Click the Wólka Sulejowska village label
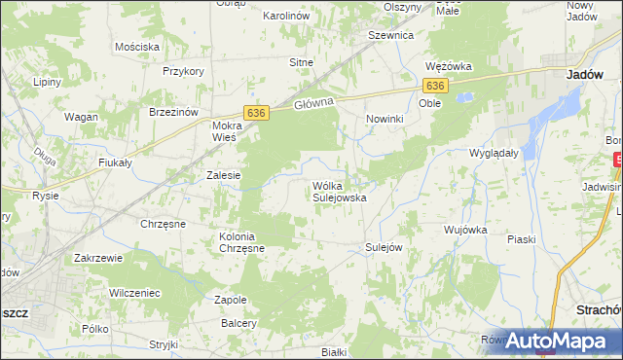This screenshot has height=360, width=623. pos(338,191)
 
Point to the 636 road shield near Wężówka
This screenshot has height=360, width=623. pos(436,86)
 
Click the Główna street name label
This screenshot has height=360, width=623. pos(313,102)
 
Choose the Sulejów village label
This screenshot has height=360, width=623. pos(384,247)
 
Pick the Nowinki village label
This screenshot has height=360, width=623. pos(385,119)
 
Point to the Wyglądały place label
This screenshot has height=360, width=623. pos(492,154)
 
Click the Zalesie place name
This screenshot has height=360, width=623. pos(223,175)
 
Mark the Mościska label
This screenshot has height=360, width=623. pos(136,46)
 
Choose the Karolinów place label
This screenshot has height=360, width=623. pos(286,17)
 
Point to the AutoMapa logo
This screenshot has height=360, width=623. pos(556,341)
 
